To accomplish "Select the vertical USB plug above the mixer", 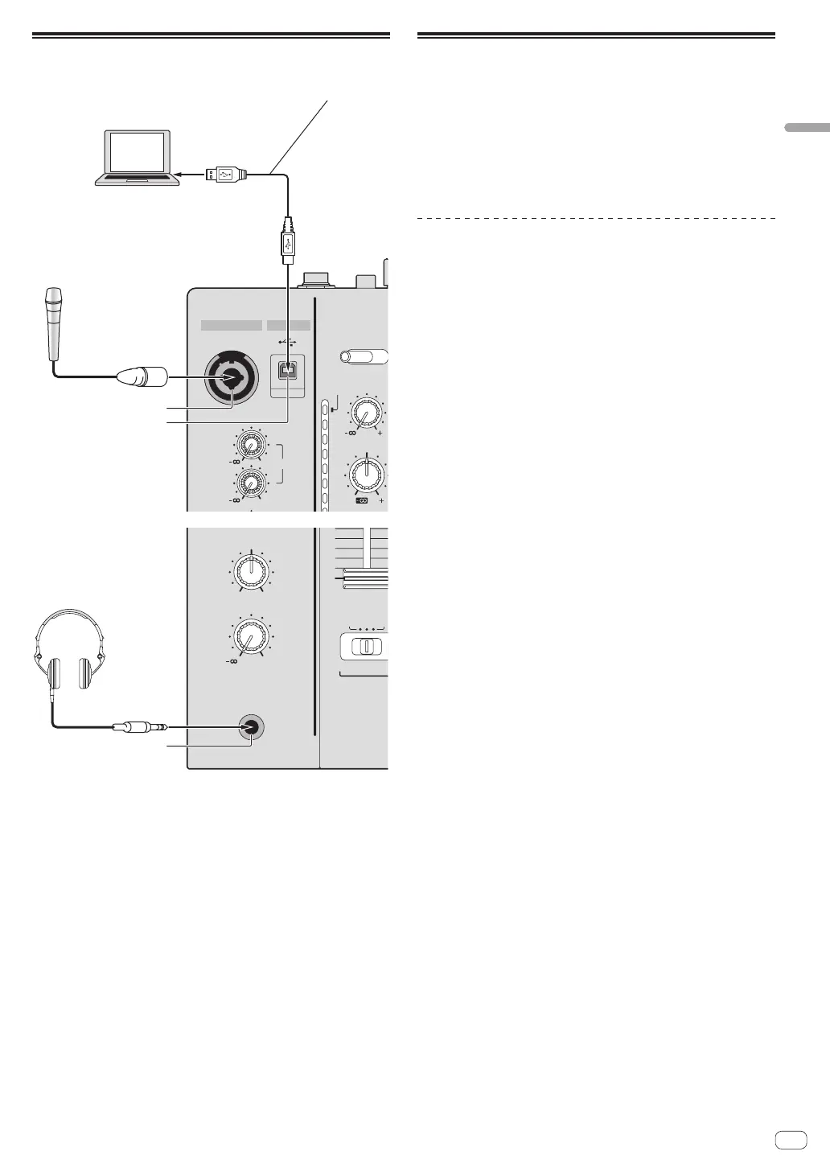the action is point(288,241).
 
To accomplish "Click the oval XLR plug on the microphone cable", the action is point(142,375).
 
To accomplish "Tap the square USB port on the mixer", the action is point(288,368).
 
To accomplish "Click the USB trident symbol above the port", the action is point(288,340).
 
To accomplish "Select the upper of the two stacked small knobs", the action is point(251,445).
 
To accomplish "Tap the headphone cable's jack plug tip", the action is point(161,727).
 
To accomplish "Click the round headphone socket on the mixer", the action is point(252,727).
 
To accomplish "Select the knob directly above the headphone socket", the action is point(252,639).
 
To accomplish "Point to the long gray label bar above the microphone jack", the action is point(232,325).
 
